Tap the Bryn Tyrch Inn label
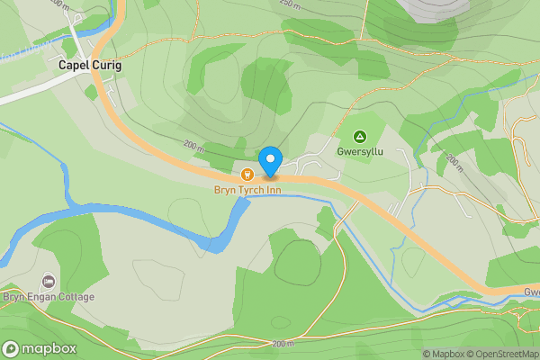248,190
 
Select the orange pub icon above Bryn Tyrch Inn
247,173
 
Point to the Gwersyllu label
360,152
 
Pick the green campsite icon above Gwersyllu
360,136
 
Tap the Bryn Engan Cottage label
49,297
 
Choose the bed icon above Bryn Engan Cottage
48,281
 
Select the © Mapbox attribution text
443,354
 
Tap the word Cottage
75,297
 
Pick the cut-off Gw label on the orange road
531,292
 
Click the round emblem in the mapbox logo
11,349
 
